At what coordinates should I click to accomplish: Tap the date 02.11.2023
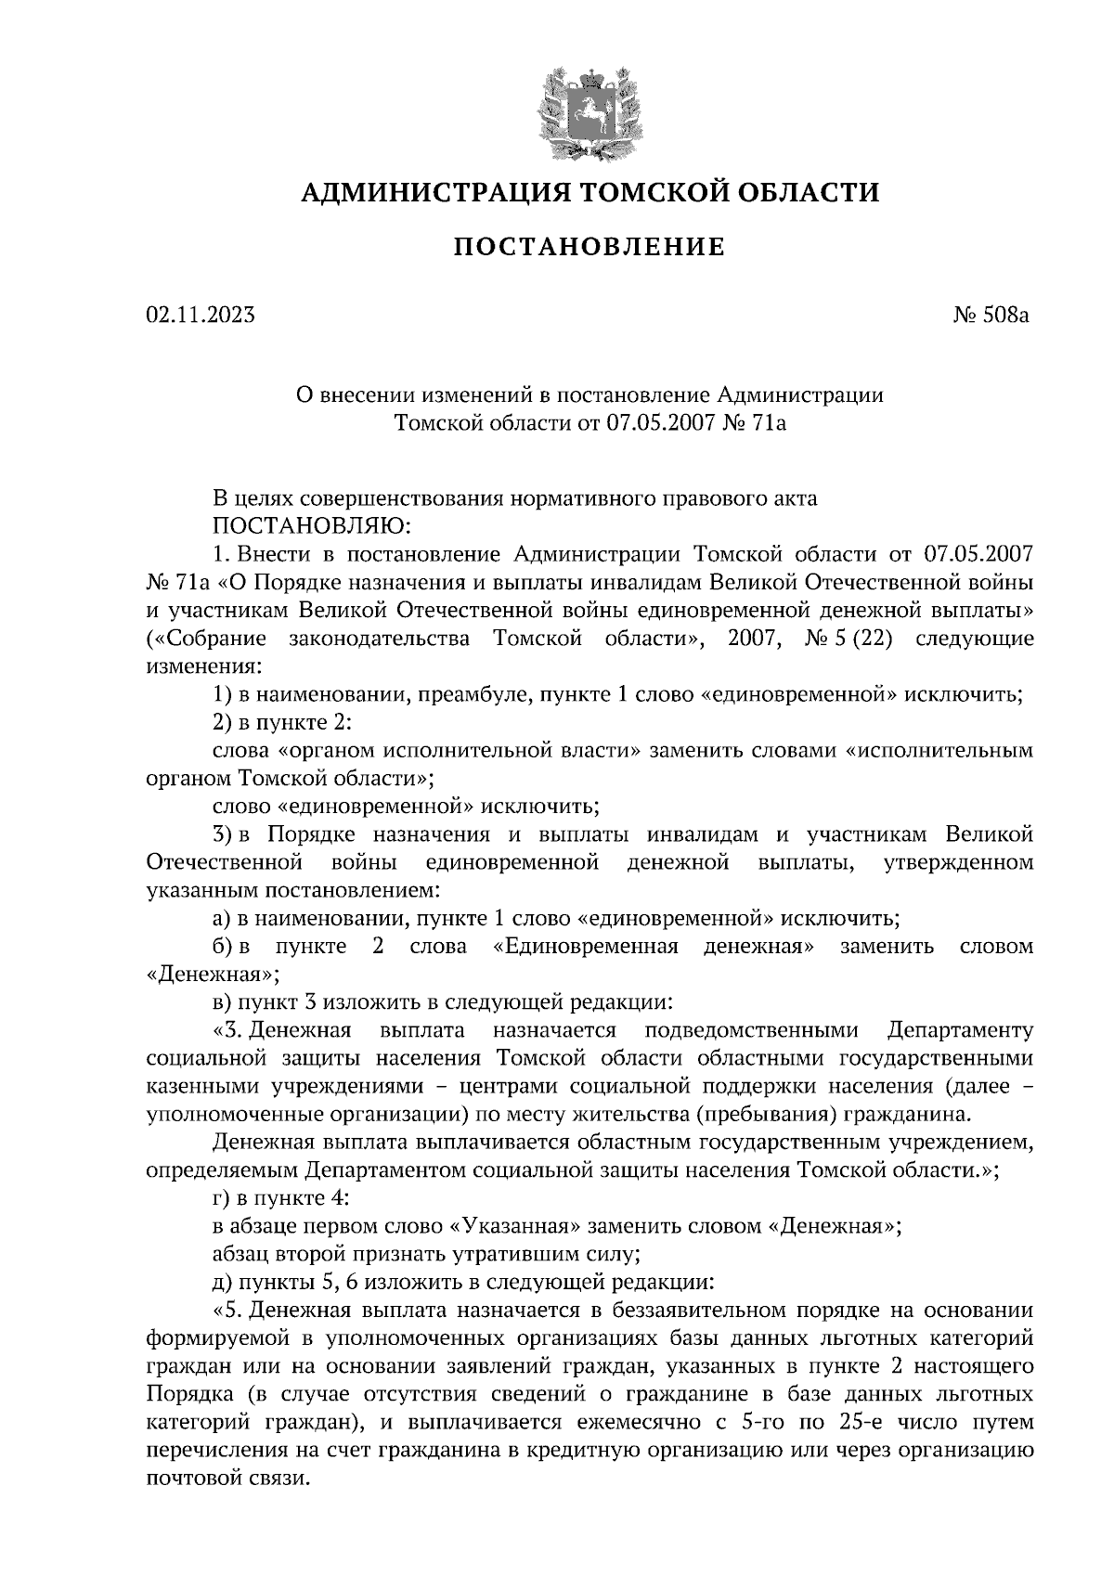tap(200, 316)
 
